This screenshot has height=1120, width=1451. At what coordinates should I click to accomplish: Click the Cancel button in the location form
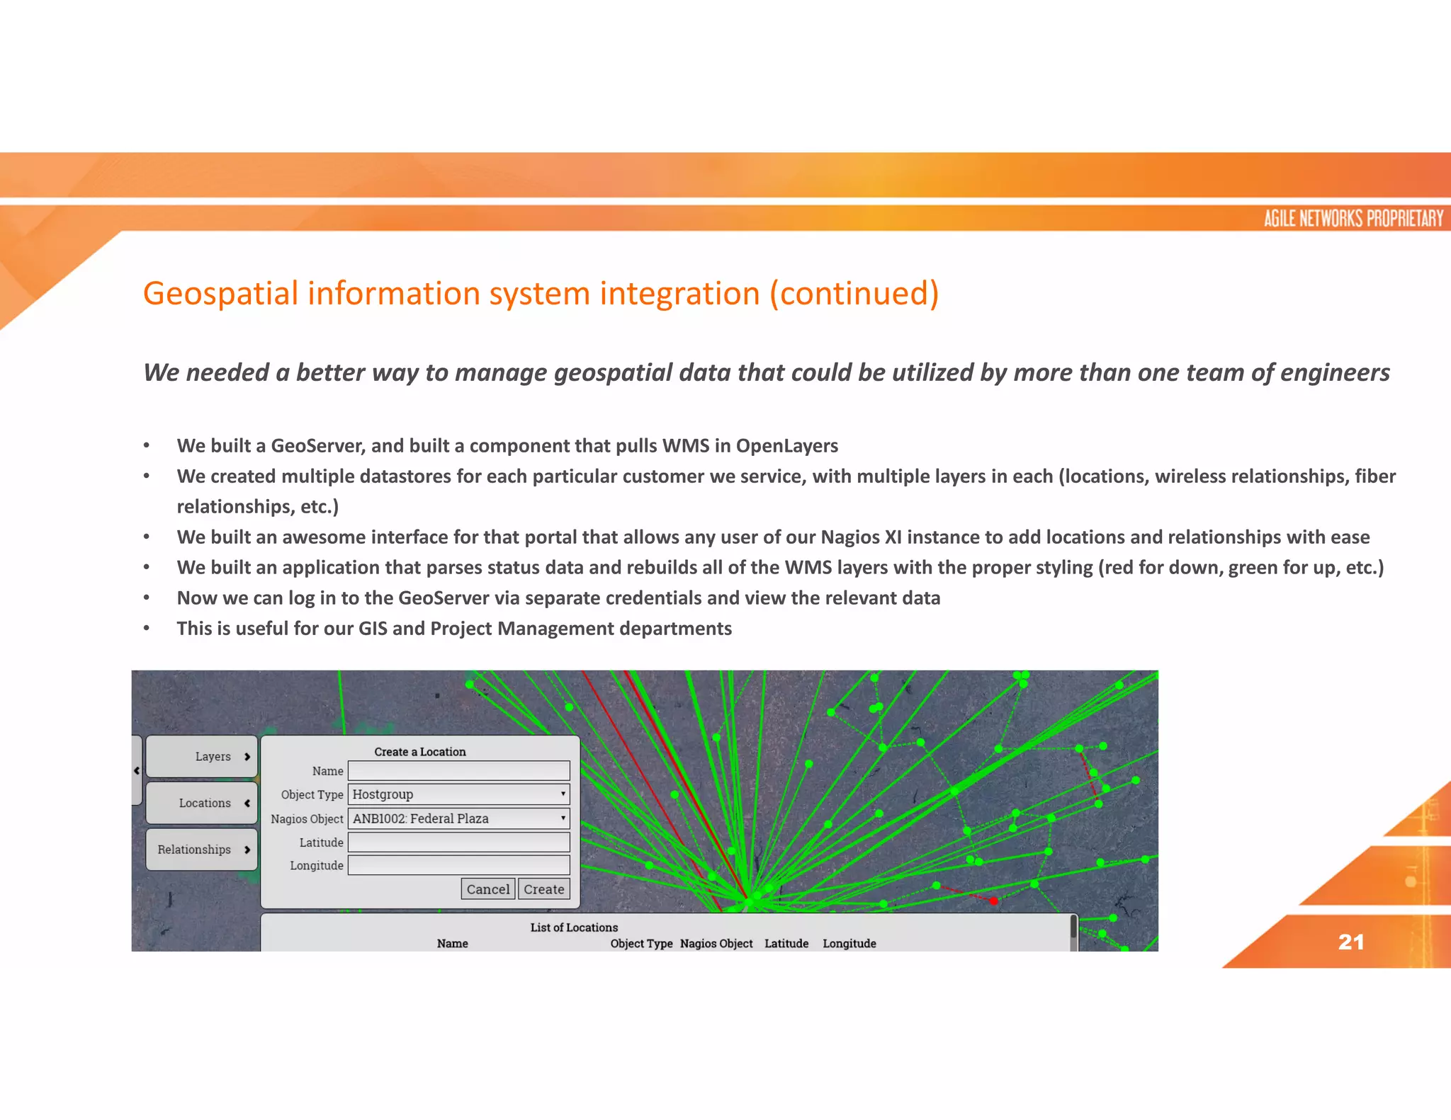(x=487, y=889)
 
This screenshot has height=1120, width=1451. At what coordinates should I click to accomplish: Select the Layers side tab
(x=202, y=757)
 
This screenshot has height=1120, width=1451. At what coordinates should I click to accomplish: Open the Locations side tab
(x=202, y=803)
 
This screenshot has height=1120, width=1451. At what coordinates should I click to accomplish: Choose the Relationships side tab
(x=202, y=850)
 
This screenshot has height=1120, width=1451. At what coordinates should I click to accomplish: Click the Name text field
(x=458, y=771)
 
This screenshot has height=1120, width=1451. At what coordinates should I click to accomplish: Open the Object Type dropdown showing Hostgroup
(x=458, y=794)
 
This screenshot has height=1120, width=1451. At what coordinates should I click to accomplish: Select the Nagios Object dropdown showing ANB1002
(x=458, y=818)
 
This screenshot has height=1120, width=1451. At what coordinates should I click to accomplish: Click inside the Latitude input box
(x=458, y=842)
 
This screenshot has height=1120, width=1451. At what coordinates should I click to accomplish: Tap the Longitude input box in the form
(x=458, y=865)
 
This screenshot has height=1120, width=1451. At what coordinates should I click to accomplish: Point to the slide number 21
(x=1350, y=942)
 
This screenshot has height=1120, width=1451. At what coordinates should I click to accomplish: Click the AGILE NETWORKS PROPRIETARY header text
(x=1353, y=219)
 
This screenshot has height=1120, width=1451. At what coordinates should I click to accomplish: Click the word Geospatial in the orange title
(x=220, y=294)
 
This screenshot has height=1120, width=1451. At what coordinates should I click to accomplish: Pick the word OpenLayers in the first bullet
(x=786, y=446)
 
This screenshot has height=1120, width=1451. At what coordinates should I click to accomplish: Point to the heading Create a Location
(x=420, y=752)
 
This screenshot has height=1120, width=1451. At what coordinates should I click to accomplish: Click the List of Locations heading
(x=574, y=927)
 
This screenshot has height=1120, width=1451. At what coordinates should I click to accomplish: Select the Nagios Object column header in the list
(x=716, y=944)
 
